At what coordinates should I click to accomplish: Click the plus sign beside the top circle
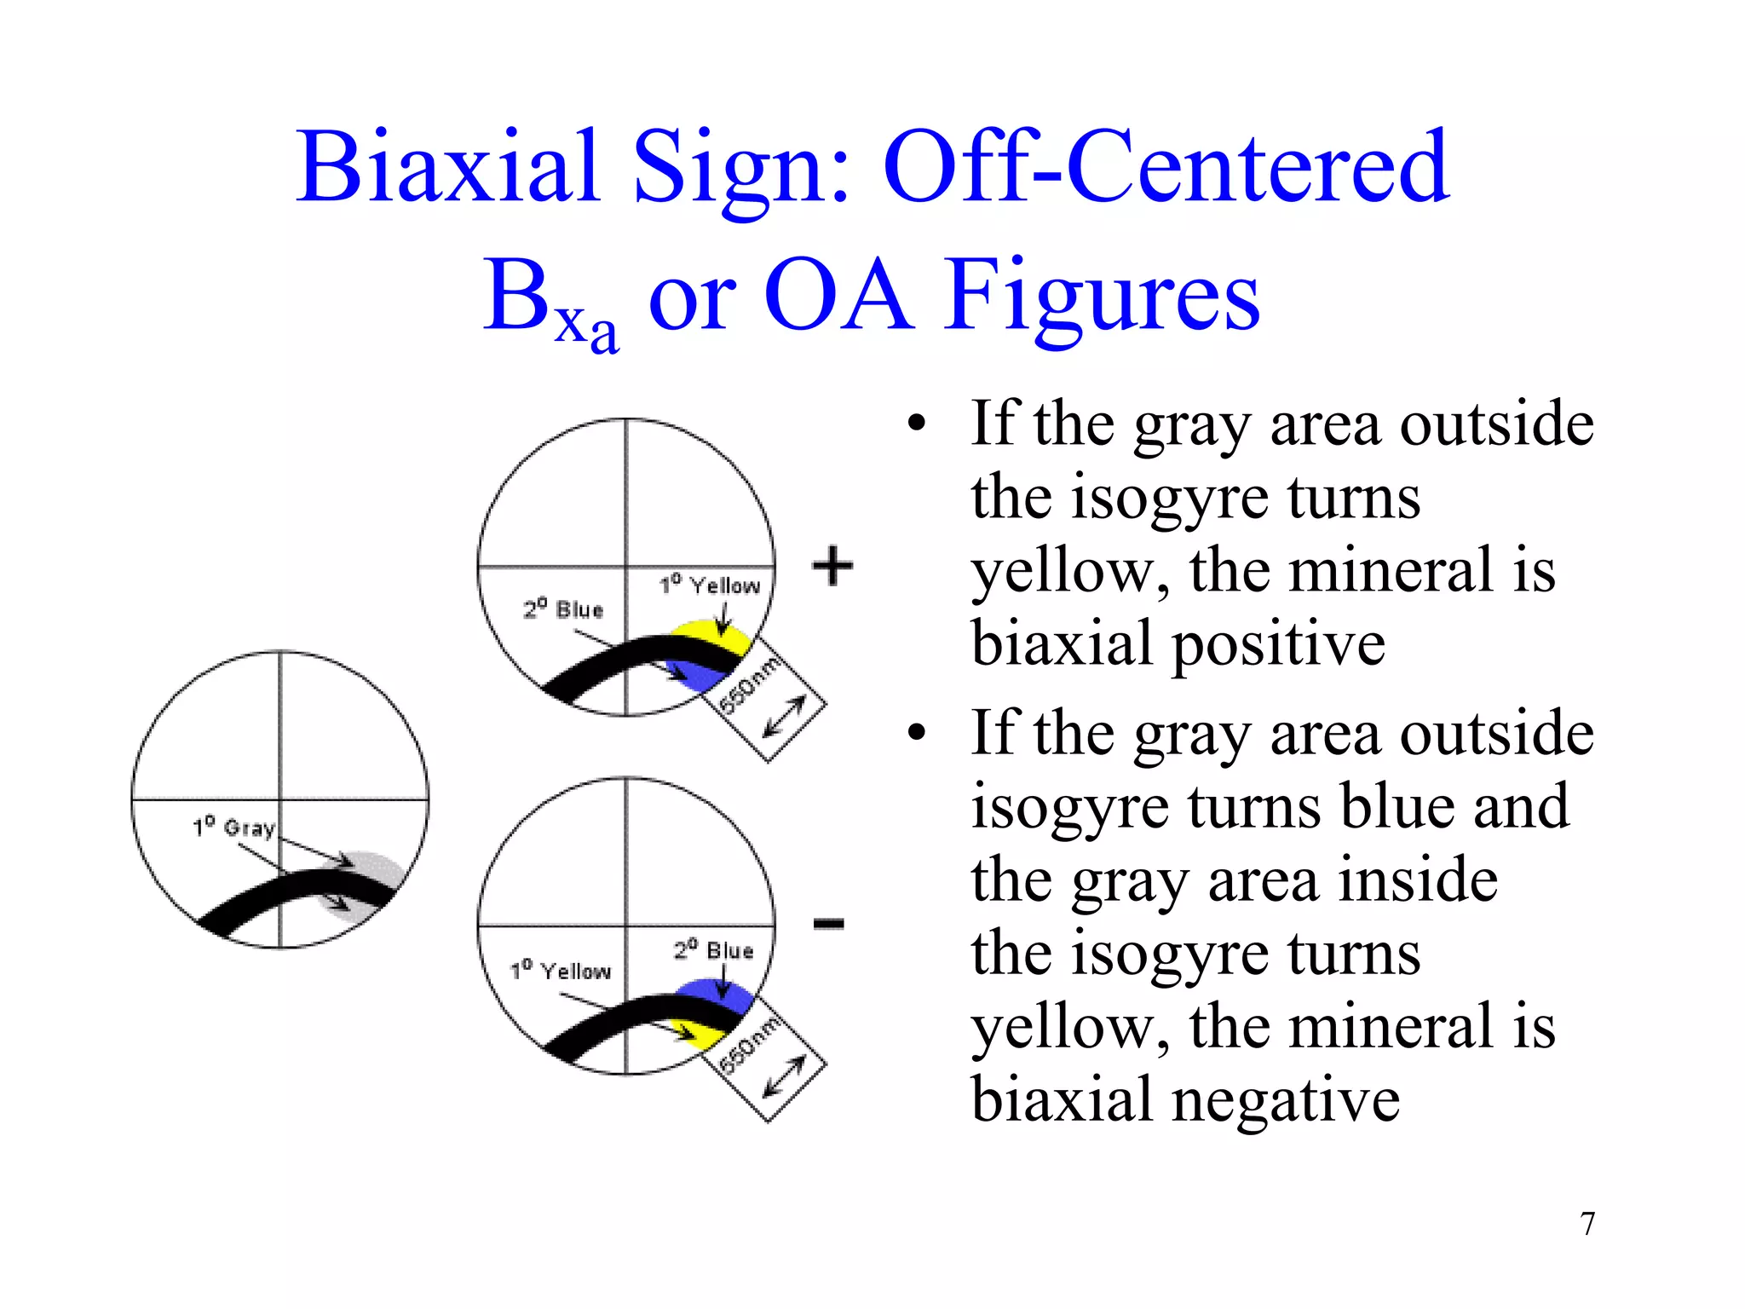(832, 566)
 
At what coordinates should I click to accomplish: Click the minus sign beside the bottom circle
(828, 923)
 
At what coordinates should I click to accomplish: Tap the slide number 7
(1587, 1224)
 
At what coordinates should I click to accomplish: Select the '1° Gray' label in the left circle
(233, 827)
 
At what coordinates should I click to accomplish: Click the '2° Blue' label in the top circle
(563, 609)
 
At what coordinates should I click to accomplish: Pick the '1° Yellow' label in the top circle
(710, 585)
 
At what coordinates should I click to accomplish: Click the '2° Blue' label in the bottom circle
(714, 950)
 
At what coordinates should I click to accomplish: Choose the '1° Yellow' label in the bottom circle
(561, 971)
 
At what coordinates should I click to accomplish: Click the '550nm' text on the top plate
(749, 687)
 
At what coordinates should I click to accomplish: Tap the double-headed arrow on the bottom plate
(784, 1076)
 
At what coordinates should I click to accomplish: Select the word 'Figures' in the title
(1102, 295)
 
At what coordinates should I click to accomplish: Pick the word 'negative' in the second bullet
(1286, 1099)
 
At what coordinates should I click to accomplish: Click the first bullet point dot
(916, 424)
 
